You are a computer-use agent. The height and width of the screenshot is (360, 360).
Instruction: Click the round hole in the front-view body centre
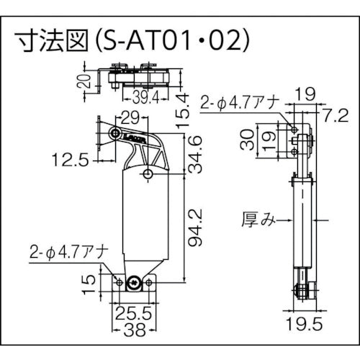(x=148, y=174)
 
